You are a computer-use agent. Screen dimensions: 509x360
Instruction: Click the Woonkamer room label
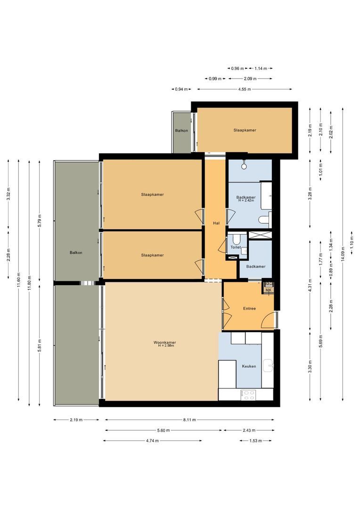pyautogui.click(x=161, y=342)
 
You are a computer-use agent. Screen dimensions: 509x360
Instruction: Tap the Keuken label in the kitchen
pyautogui.click(x=249, y=366)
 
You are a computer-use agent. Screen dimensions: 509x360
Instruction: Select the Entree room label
pyautogui.click(x=249, y=308)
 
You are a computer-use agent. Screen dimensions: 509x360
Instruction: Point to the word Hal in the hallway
pyautogui.click(x=216, y=223)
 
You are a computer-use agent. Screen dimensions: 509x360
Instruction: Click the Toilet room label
pyautogui.click(x=236, y=247)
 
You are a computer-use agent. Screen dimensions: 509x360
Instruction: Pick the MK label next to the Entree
pyautogui.click(x=269, y=290)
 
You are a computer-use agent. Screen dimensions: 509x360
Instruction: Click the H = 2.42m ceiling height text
pyautogui.click(x=246, y=201)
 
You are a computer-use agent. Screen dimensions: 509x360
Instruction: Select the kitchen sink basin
pyautogui.click(x=269, y=364)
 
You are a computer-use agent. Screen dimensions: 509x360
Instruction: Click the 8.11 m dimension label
pyautogui.click(x=190, y=419)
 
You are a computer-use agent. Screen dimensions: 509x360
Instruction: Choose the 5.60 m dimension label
pyautogui.click(x=163, y=430)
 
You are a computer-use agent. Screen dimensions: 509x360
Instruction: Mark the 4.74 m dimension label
pyautogui.click(x=152, y=441)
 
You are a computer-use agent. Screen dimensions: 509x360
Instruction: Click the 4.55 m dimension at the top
pyautogui.click(x=244, y=89)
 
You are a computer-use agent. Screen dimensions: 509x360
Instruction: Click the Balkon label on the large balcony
pyautogui.click(x=76, y=253)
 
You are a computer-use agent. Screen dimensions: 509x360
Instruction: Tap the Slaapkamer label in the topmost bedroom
pyautogui.click(x=245, y=130)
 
